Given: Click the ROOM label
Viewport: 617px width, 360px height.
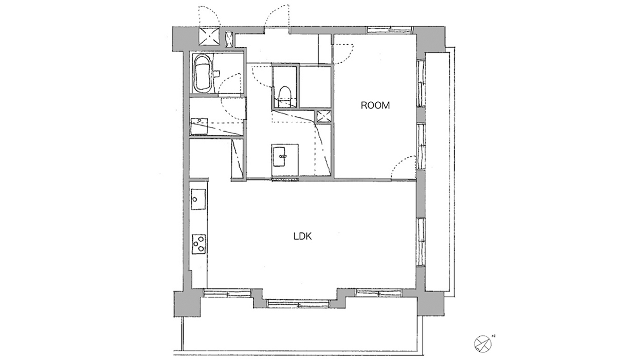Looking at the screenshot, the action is coord(375,105).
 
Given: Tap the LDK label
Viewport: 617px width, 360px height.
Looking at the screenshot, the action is coord(302,237).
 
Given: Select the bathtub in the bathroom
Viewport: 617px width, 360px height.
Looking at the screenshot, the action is coord(203,73).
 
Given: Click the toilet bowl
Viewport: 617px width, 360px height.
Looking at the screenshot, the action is coord(284,96).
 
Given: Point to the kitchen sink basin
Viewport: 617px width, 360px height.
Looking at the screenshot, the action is coord(198,200).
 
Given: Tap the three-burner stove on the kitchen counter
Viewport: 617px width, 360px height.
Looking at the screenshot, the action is coord(198,244).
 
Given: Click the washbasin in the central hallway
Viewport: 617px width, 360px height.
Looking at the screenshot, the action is coord(280,156).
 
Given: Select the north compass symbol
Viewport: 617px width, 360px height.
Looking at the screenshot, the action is coord(483,344).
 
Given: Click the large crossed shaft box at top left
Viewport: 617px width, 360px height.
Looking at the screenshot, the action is coord(210,36).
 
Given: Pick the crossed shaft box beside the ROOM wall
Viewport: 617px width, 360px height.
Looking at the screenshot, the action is coord(323,116).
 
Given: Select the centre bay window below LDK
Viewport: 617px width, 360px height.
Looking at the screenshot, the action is coord(299,304).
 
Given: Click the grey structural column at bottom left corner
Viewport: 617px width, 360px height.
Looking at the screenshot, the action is coord(187,304).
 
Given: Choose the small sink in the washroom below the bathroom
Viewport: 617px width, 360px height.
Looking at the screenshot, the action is coord(199,126).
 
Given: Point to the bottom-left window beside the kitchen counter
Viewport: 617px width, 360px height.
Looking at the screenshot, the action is coord(227,293).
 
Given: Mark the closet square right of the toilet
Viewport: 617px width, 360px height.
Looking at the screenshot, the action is coord(315,87).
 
